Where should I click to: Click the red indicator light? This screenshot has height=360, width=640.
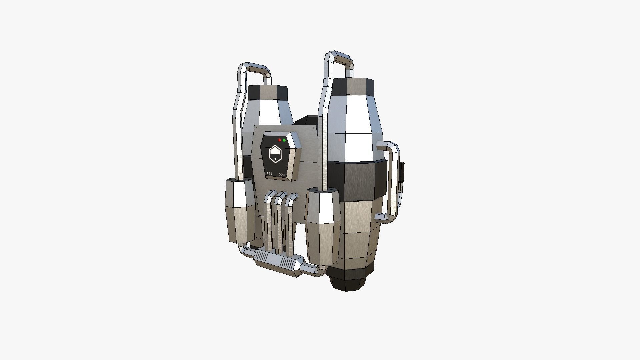[x=279, y=140]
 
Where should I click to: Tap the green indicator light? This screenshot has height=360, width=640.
[x=284, y=140]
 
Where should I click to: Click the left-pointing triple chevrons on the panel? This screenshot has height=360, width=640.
[x=269, y=174]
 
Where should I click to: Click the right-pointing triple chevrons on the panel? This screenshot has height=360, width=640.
[x=282, y=175]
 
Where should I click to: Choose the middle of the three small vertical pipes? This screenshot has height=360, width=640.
[x=278, y=222]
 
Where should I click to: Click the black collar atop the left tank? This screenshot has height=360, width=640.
[x=268, y=92]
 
